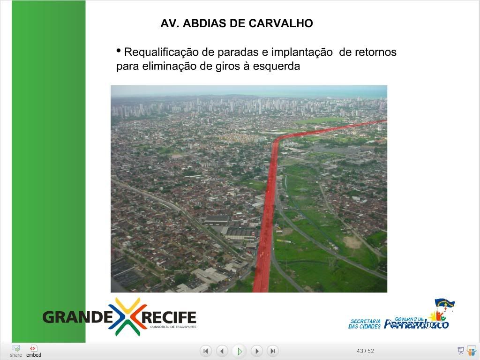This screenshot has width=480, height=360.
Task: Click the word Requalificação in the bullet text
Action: [161, 52]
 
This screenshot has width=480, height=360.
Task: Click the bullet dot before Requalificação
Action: [119, 50]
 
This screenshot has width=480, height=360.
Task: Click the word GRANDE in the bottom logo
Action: [78, 317]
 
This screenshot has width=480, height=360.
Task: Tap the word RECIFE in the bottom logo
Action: [169, 317]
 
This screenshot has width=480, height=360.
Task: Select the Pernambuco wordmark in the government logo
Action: [416, 323]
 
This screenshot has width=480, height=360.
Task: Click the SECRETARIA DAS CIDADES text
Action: [365, 324]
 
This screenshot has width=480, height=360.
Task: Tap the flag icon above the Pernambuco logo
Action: [444, 305]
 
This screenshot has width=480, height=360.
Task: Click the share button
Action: [15, 351]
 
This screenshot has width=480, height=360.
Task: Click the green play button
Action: [240, 351]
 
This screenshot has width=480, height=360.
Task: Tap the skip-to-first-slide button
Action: [206, 351]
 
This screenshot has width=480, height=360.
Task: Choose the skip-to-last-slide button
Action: [273, 351]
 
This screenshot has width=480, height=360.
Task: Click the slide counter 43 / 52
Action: [365, 351]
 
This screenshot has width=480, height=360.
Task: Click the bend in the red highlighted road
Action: [277, 141]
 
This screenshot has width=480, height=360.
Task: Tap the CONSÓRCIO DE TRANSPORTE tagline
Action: [173, 327]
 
